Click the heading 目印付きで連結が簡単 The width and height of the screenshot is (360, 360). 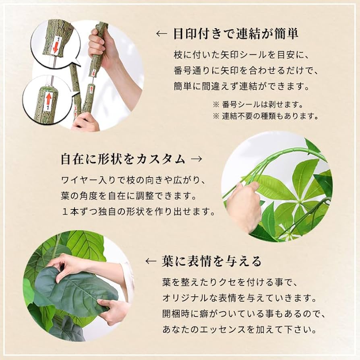tap(236, 33)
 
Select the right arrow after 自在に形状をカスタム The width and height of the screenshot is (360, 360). tap(197, 159)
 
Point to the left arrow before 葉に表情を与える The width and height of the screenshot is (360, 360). tap(151, 262)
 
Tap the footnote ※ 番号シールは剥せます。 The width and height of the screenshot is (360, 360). tap(258, 105)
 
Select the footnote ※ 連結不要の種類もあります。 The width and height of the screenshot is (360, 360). tap(266, 116)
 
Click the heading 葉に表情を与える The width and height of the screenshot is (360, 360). tap(211, 262)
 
